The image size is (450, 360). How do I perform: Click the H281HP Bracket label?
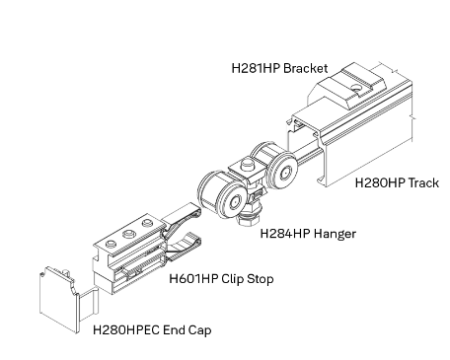pyautogui.click(x=279, y=68)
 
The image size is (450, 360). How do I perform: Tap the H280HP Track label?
pyautogui.click(x=397, y=182)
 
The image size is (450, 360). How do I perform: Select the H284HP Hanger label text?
pyautogui.click(x=308, y=234)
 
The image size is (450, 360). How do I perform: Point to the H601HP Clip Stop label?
pyautogui.click(x=221, y=279)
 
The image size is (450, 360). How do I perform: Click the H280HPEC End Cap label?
pyautogui.click(x=152, y=329)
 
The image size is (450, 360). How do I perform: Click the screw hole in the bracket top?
pyautogui.click(x=355, y=88)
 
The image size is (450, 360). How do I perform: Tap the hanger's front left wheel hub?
pyautogui.click(x=235, y=201)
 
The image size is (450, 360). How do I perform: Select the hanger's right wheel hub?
pyautogui.click(x=285, y=173)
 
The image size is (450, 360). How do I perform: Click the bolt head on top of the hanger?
pyautogui.click(x=247, y=164)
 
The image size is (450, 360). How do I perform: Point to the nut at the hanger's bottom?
pyautogui.click(x=249, y=219)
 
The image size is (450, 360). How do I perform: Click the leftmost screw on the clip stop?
pyautogui.click(x=111, y=245)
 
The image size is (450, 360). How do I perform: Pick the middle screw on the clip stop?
pyautogui.click(x=129, y=234)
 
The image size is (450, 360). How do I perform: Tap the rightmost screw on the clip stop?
pyautogui.click(x=147, y=223)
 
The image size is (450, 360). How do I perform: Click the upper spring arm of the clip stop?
pyautogui.click(x=182, y=216)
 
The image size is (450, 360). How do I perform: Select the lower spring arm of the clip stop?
pyautogui.click(x=185, y=248)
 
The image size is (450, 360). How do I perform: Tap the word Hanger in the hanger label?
pyautogui.click(x=335, y=234)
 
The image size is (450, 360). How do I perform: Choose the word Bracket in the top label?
pyautogui.click(x=306, y=68)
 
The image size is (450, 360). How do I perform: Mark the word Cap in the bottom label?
pyautogui.click(x=199, y=330)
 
